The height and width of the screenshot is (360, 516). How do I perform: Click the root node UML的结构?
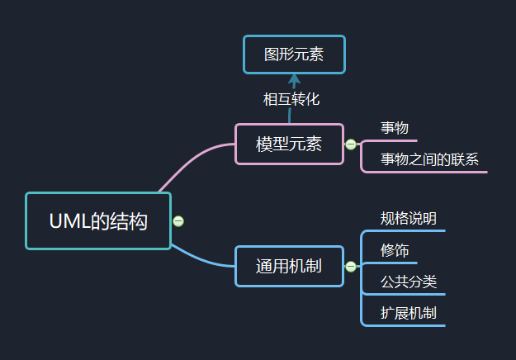[x=97, y=220]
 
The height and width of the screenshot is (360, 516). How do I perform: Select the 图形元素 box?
[x=293, y=54]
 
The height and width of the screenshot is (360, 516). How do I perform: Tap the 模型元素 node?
[x=288, y=144]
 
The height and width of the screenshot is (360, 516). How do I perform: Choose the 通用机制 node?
[x=288, y=266]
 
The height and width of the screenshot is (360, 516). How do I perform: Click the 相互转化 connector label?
[x=291, y=99]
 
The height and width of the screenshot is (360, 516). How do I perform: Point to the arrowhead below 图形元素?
[x=293, y=79]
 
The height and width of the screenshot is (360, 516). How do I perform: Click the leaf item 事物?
[x=394, y=128]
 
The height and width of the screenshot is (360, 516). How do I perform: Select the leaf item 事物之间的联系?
[x=429, y=159]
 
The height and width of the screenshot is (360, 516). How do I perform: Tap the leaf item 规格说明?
[x=408, y=219]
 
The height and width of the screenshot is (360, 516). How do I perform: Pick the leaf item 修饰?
[x=394, y=250]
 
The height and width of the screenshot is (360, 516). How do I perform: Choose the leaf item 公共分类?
[x=408, y=282]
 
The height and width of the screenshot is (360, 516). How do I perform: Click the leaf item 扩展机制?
[x=408, y=313]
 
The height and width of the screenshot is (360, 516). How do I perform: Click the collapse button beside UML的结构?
[x=178, y=220]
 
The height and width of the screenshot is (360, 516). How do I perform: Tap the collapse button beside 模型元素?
[x=351, y=144]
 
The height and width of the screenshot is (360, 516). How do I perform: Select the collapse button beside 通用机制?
[x=351, y=266]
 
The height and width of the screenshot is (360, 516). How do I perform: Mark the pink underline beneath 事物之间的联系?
[x=429, y=172]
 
